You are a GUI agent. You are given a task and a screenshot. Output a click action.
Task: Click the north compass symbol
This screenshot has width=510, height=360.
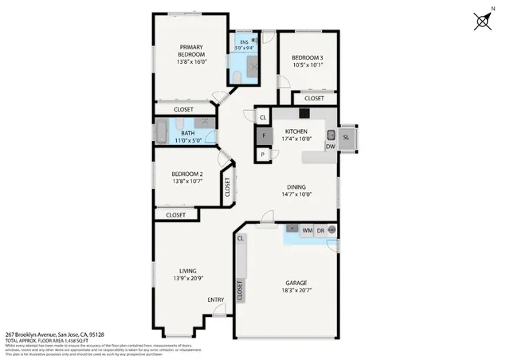[483, 22]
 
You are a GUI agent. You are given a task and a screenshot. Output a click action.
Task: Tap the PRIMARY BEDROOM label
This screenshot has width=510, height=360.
[192, 51]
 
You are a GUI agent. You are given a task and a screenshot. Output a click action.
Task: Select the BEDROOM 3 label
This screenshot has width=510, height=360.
[307, 58]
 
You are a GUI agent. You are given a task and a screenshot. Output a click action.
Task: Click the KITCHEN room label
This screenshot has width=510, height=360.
[296, 131]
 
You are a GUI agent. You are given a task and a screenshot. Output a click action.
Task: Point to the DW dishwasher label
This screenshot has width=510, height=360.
[330, 147]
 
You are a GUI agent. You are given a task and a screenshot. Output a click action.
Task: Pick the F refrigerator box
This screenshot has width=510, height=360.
[263, 135]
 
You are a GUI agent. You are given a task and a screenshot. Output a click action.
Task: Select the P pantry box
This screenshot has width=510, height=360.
[263, 155]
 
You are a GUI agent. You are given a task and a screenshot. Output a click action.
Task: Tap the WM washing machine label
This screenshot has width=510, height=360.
[307, 230]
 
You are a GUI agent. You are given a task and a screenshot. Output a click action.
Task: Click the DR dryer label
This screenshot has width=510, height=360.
[320, 230]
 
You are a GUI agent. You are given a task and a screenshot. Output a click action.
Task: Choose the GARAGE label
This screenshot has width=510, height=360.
[297, 283]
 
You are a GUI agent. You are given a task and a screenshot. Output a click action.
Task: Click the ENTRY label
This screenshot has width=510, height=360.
[216, 299]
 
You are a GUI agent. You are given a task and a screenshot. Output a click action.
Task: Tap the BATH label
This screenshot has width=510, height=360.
[187, 133]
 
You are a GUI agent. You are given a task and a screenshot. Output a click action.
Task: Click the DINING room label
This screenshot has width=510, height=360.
[296, 187]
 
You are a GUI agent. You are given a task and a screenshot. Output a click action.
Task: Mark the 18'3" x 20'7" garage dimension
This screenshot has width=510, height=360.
[297, 293]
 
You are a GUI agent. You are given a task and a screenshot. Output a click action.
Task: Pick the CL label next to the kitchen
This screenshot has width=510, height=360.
[263, 118]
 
